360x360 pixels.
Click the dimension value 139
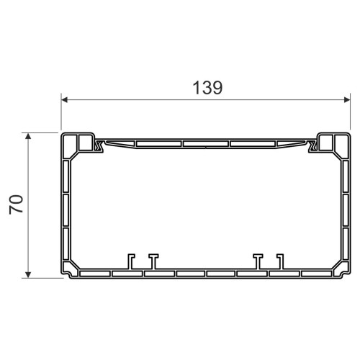pyautogui.click(x=207, y=88)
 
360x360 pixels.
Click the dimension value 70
pyautogui.click(x=16, y=204)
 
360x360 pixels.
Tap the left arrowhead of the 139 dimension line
pyautogui.click(x=64, y=99)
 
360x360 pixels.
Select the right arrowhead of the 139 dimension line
pyautogui.click(x=347, y=99)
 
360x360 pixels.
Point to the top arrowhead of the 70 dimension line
pyautogui.click(x=28, y=136)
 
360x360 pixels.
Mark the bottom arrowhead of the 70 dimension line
pyautogui.click(x=28, y=275)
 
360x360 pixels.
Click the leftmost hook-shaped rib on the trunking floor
pyautogui.click(x=131, y=261)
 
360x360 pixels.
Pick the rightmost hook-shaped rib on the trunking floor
pyautogui.click(x=281, y=261)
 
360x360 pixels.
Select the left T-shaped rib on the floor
pyautogui.click(x=153, y=261)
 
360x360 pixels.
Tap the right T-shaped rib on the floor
pyautogui.click(x=258, y=261)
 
